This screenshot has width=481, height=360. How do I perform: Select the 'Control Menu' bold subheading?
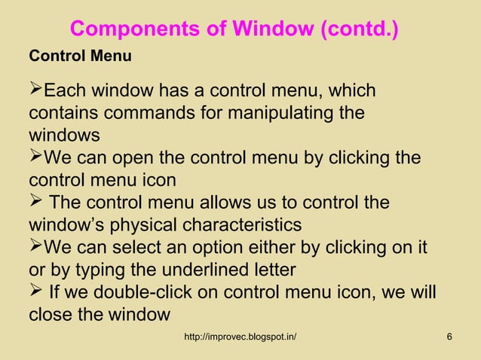click(80, 56)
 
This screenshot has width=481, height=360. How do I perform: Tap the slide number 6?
click(449, 335)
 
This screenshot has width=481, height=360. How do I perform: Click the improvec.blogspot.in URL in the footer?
click(240, 335)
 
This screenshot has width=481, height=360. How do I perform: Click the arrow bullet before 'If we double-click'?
click(36, 291)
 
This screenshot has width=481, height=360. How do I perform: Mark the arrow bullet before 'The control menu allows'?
click(36, 203)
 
